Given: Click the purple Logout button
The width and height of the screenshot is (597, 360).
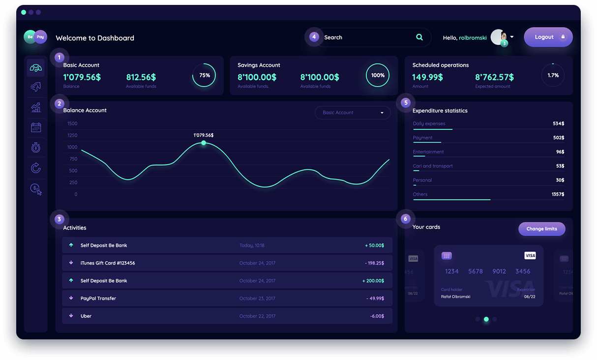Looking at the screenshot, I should click(x=548, y=37).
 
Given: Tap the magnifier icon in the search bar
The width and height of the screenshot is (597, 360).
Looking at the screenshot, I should click(x=419, y=37).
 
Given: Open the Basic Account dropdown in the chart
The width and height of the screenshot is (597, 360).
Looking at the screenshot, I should click(x=353, y=113).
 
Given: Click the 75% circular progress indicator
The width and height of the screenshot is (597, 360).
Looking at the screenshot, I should click(x=204, y=75).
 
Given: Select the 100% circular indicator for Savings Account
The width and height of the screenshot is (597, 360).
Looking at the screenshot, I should click(x=378, y=75).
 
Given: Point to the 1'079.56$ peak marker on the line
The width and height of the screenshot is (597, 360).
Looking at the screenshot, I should click(x=204, y=143).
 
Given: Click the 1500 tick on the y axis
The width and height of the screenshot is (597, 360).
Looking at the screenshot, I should click(x=72, y=123).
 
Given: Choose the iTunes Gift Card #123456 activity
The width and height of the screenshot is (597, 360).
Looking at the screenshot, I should click(x=108, y=263).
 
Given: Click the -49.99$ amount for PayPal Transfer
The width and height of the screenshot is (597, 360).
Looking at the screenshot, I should click(x=375, y=299).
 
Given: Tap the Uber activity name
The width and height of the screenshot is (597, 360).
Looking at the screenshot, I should click(x=86, y=316).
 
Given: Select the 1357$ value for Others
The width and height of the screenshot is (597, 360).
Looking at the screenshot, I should click(x=558, y=194).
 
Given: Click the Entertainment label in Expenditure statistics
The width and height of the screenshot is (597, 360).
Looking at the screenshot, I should click(x=428, y=152).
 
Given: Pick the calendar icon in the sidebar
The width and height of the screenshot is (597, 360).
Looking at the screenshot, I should click(x=36, y=127).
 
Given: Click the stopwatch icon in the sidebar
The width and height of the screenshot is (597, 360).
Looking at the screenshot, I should click(x=36, y=148).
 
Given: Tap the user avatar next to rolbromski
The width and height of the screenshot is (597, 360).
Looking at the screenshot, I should click(x=498, y=37).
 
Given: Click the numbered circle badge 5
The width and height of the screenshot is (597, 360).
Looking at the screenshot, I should click(x=405, y=103).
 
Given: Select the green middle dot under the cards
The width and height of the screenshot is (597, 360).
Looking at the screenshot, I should click(x=486, y=319).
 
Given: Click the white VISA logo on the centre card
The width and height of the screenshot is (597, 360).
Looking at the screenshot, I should click(x=530, y=255).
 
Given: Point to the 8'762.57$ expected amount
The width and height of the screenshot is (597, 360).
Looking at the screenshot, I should click(x=494, y=77).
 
